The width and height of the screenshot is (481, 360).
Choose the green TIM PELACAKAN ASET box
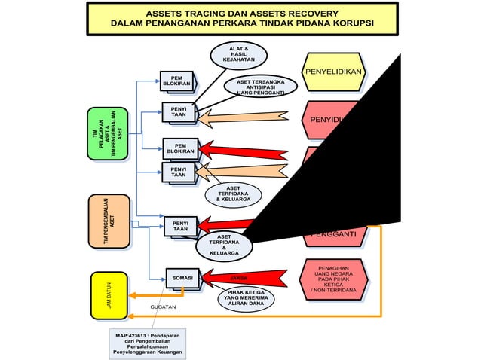click(109, 134)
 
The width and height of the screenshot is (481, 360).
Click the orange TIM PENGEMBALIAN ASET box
click(109, 221)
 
